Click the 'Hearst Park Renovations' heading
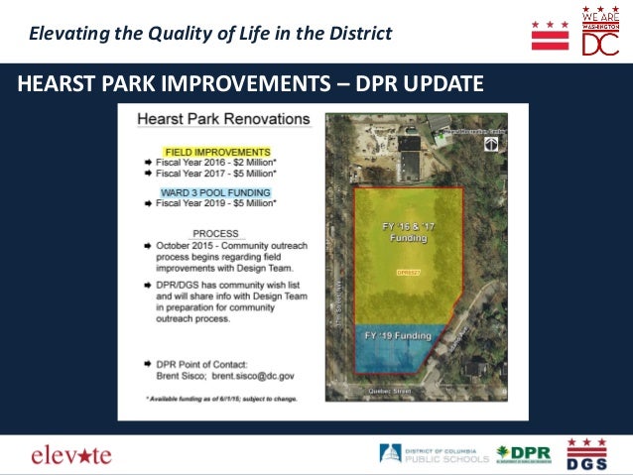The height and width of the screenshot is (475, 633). coord(223,119)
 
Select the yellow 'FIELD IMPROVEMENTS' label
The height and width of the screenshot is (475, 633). coord(203,151)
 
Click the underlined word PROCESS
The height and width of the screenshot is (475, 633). coord(201,234)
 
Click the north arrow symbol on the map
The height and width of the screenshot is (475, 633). coord(490,145)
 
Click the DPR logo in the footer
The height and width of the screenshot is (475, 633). coord(523,454)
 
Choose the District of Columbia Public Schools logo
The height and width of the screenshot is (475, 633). coord(435,454)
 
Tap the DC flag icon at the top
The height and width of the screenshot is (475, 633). coord(551,34)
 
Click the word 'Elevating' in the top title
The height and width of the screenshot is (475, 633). coord(65,34)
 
